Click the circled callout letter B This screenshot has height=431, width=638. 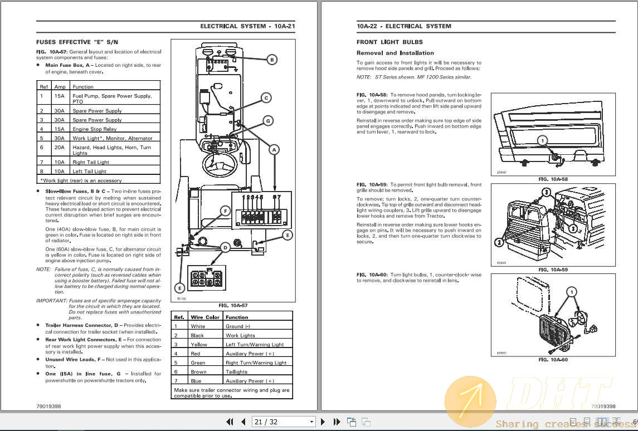(x=272, y=60)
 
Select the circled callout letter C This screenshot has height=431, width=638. (x=266, y=98)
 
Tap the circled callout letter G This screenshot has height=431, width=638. (x=267, y=120)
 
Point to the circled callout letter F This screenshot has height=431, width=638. (x=225, y=210)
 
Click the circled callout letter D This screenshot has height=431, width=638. (x=225, y=247)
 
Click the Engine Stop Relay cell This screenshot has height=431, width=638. (x=94, y=129)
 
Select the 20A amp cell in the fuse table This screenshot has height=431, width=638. (x=60, y=148)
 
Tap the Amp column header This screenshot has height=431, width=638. (x=60, y=87)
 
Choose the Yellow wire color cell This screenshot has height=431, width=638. (x=198, y=345)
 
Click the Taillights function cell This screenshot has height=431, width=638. (x=237, y=372)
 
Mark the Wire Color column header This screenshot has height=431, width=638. (x=204, y=317)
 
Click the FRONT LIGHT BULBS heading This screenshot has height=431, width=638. (x=389, y=42)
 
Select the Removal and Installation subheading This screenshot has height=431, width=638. (x=395, y=53)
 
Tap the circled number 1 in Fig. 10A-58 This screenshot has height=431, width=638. (x=543, y=141)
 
